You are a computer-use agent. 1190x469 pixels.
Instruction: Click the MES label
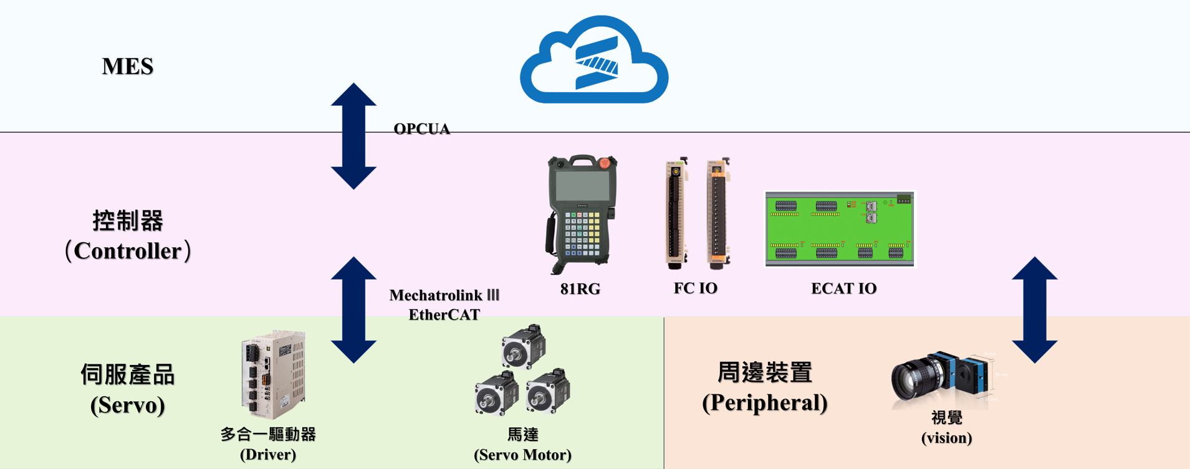click(128, 66)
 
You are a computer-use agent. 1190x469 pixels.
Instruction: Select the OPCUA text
click(421, 129)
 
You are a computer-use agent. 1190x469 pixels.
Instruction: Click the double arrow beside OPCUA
click(353, 136)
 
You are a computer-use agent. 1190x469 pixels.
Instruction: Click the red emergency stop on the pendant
click(603, 163)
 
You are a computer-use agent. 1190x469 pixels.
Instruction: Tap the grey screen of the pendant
click(582, 186)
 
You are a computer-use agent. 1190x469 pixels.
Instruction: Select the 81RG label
click(580, 289)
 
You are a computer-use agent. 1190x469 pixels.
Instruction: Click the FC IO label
click(695, 288)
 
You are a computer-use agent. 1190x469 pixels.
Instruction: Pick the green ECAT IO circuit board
click(840, 229)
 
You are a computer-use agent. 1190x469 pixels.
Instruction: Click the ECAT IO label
click(843, 288)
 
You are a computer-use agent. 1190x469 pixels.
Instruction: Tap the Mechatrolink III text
click(444, 295)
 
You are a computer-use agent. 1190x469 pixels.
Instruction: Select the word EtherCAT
click(444, 315)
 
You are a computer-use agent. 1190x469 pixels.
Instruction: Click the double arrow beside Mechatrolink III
click(353, 310)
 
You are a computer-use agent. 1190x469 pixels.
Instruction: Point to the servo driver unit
click(273, 374)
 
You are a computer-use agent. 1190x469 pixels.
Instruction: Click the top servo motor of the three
click(524, 346)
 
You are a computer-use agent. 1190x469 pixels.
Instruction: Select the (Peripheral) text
click(764, 402)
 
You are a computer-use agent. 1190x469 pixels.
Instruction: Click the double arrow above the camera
click(1034, 310)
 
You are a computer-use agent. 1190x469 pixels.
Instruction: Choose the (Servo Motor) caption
click(522, 455)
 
